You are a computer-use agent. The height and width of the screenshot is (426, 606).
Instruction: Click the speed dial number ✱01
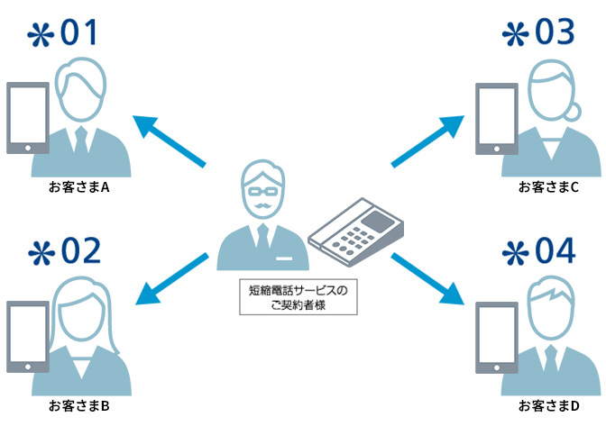point(62,33)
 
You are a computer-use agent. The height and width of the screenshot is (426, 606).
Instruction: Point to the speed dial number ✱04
point(538,252)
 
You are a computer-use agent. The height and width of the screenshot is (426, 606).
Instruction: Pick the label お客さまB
point(79,406)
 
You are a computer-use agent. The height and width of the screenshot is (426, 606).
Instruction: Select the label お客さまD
point(547,406)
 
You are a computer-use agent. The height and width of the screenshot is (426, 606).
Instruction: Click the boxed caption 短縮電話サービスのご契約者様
point(298,298)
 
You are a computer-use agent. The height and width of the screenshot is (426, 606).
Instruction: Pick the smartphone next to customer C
point(496,119)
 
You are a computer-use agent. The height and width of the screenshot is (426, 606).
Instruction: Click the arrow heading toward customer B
point(171,280)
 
